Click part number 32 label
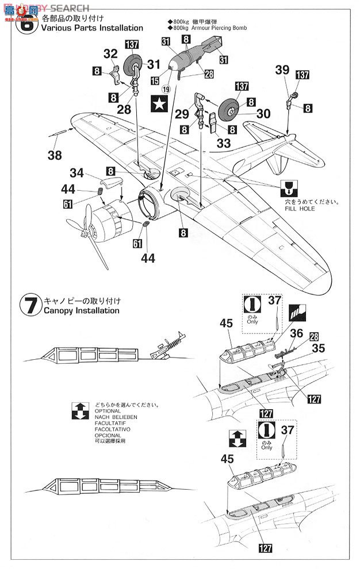point(110,54)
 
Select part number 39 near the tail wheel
point(282,70)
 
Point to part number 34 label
point(77,173)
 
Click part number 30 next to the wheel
point(263,114)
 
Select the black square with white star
point(157,104)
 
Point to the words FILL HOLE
point(296,209)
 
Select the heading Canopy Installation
point(81,310)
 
